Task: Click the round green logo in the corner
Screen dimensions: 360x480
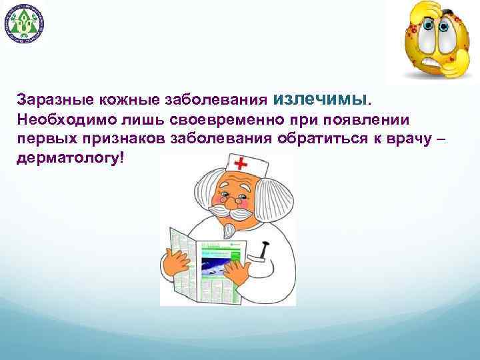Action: click(25, 25)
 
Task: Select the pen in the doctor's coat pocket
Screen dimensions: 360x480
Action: click(263, 251)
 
